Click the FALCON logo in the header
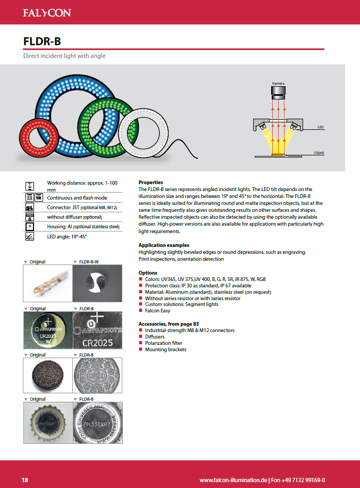coord(46,12)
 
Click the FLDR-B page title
coord(45,42)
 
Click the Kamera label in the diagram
coord(278,84)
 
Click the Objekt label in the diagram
coord(319,153)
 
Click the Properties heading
coord(150,183)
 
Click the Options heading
coord(148,272)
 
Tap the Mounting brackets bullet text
coord(165,350)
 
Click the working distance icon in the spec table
coord(30,186)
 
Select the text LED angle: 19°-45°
coord(67,236)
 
